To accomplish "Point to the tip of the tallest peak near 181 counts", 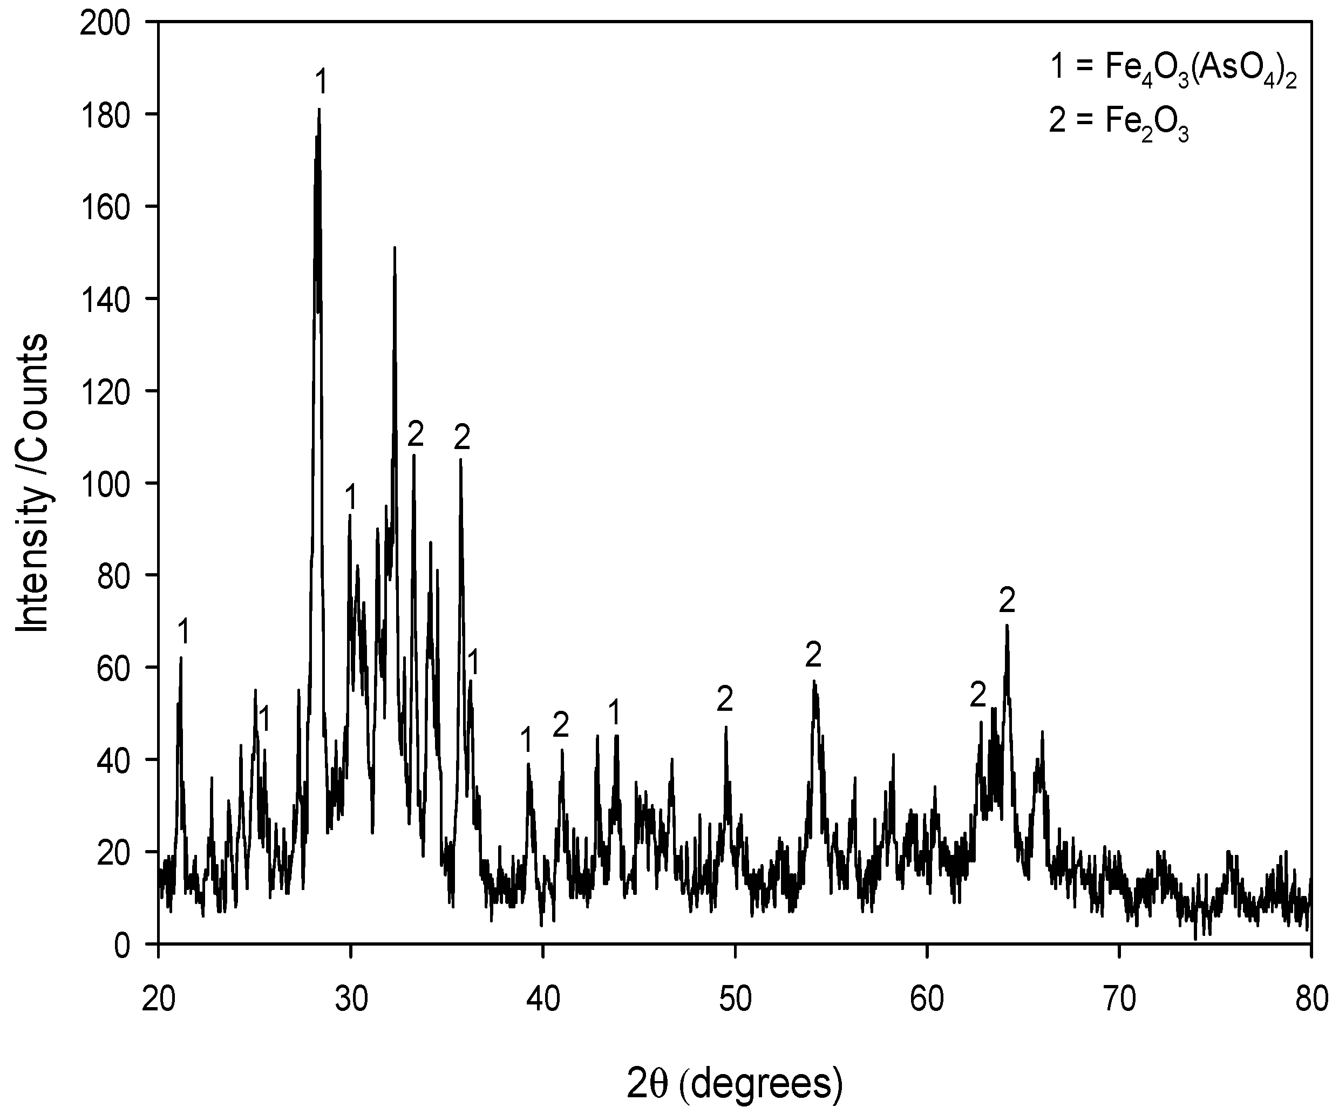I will (319, 109).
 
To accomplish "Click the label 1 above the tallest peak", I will (321, 82).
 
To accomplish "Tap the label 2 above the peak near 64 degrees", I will (1007, 600).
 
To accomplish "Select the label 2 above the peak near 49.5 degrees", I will (725, 699).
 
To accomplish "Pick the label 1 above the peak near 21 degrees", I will (183, 632).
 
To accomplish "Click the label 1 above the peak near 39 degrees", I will (526, 741).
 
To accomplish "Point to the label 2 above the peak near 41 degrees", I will (560, 725).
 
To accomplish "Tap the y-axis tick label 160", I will (112, 207).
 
